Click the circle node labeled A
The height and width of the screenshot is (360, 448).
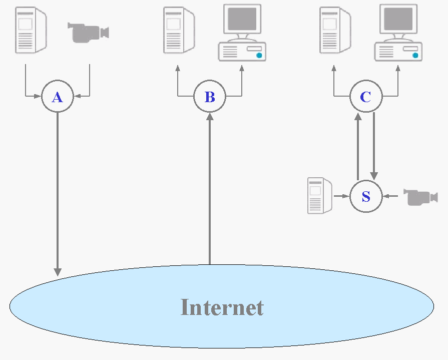pos(58,97)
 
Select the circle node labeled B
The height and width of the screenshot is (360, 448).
pos(210,97)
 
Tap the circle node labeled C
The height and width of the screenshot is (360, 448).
pos(366,97)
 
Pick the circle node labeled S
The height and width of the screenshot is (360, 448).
pos(366,196)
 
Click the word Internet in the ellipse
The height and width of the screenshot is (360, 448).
pos(222,307)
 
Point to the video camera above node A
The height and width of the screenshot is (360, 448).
pos(88,33)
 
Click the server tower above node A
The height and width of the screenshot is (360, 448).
pos(31,30)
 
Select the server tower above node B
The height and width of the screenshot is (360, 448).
pos(179,30)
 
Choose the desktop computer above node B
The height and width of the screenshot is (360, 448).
pos(242,33)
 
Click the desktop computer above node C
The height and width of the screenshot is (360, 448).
pos(398,33)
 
